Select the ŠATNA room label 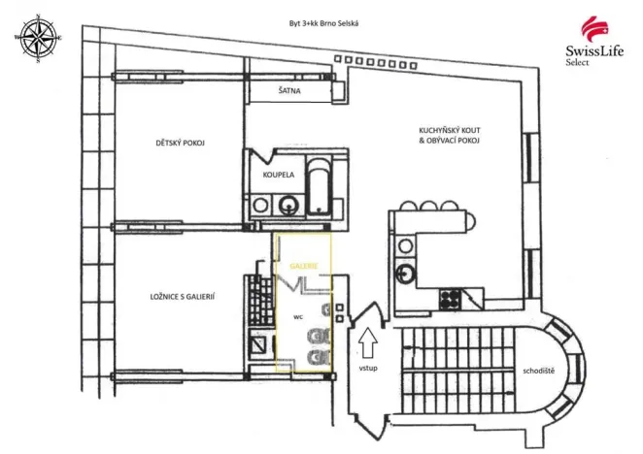289,90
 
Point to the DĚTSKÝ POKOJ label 179,144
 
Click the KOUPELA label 280,176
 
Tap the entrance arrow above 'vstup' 367,343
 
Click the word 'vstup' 367,369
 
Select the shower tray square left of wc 258,342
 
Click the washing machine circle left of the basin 260,205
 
